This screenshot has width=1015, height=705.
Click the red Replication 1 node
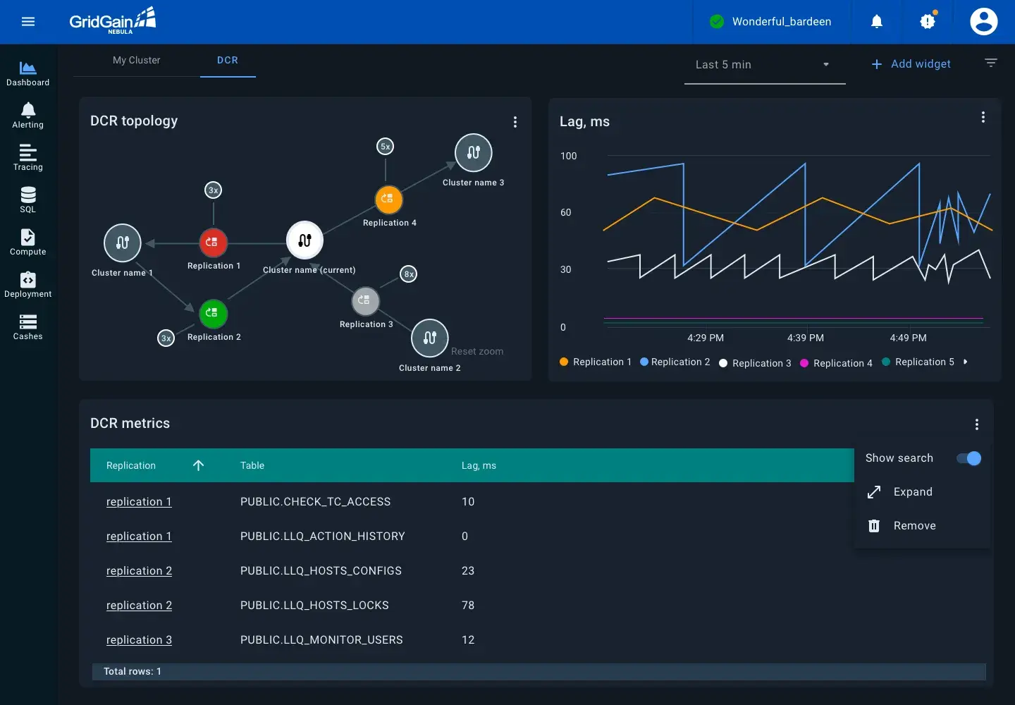point(213,243)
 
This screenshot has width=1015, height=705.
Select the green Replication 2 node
point(213,314)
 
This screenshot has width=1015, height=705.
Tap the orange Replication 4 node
point(388,200)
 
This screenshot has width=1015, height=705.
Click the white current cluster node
point(304,240)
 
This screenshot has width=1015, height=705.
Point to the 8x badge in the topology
point(409,274)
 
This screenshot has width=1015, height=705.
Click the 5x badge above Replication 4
point(386,147)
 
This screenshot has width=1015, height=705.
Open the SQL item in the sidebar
point(28,200)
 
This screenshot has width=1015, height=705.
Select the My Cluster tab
point(137,61)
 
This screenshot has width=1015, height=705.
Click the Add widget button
point(911,64)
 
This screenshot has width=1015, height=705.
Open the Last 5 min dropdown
point(764,65)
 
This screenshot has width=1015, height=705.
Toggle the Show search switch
point(969,458)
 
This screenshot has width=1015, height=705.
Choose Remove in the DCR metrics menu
point(914,526)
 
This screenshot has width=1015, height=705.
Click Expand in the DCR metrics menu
point(913,492)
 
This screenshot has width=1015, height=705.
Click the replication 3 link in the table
point(139,640)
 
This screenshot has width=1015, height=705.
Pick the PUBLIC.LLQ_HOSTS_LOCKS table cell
point(314,606)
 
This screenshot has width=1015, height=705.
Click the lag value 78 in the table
point(468,606)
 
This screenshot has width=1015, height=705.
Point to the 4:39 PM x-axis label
point(806,338)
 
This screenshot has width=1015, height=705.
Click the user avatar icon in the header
point(983,22)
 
